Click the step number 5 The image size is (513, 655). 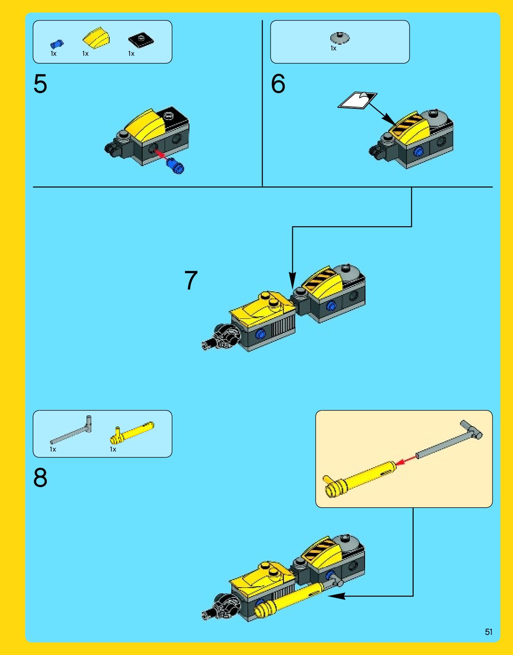41,84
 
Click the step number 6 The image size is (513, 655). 278,84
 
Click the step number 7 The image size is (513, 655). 191,280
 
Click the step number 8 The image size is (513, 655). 41,477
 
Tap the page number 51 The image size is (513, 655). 488,632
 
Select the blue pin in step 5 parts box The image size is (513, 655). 57,44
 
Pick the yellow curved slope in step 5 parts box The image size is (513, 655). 96,38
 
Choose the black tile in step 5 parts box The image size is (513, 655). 141,40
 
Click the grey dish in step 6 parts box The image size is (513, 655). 340,37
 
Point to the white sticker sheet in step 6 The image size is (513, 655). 357,100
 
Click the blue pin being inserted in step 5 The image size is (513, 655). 176,166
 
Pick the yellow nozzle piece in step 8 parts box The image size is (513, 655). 132,433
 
